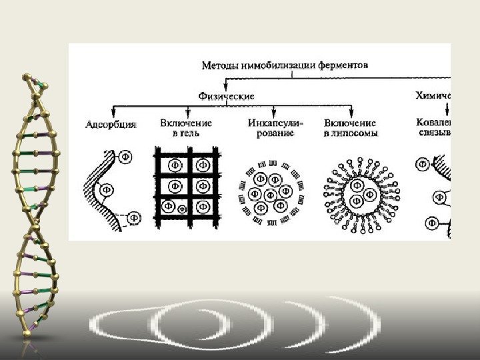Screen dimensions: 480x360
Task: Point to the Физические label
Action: (x=227, y=96)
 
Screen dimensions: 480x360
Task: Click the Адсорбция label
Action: (x=112, y=124)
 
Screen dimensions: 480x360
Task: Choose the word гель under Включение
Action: (x=189, y=133)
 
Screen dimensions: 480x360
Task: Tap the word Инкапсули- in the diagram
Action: (x=275, y=123)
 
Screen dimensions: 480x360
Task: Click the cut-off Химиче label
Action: (x=433, y=96)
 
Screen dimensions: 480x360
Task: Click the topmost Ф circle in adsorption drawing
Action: (x=125, y=157)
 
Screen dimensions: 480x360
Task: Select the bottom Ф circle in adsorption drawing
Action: (x=134, y=217)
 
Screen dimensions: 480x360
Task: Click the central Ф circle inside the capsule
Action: (x=271, y=195)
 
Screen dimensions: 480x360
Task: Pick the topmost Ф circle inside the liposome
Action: (x=358, y=185)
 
